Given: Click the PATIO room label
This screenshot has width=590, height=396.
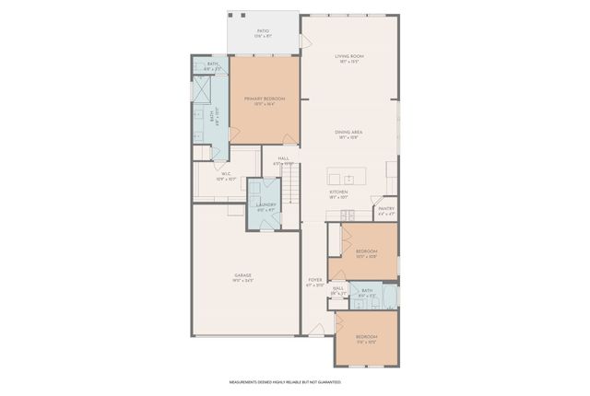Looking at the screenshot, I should tap(264, 32).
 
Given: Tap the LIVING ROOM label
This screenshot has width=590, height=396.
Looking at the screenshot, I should tap(349, 57).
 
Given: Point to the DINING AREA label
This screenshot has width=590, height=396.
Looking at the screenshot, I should tap(348, 133).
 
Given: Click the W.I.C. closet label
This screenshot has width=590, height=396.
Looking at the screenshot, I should tap(226, 174).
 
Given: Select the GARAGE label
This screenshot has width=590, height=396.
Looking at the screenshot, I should tap(243, 275).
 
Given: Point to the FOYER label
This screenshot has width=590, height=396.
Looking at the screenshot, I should tap(315, 280).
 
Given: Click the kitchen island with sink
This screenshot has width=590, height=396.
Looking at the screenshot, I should tap(348, 178).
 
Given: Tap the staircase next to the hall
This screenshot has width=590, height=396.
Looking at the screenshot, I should tap(293, 190).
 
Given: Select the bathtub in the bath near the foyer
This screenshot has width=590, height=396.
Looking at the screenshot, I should tap(390, 296).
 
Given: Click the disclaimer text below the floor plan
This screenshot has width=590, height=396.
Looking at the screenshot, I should tap(285, 381).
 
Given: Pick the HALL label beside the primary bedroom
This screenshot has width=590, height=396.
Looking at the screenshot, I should tap(284, 158).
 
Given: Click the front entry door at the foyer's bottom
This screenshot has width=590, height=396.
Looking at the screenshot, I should tap(316, 329).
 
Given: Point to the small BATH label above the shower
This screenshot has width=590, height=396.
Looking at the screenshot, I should tap(212, 64).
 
